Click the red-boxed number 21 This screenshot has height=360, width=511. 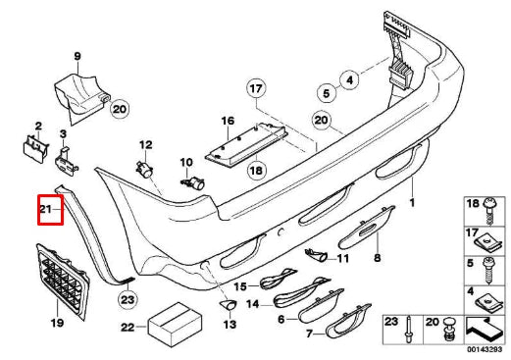[x=49, y=209]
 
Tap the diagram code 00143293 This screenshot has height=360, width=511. [x=485, y=350]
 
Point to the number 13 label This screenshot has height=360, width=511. [x=230, y=324]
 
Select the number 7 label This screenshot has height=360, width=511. [x=282, y=335]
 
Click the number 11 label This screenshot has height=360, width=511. [x=341, y=258]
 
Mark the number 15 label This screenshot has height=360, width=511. [x=240, y=285]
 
